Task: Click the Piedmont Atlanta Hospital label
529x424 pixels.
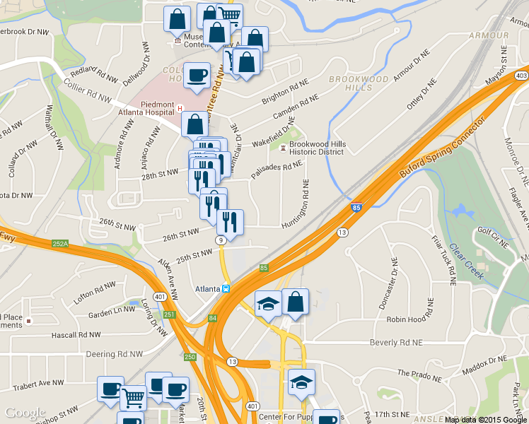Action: (x=146, y=108)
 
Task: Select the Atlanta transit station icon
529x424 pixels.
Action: (x=226, y=288)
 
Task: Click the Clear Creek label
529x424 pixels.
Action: (x=467, y=261)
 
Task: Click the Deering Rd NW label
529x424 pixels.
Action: (x=113, y=353)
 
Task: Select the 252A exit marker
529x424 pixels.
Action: (x=60, y=244)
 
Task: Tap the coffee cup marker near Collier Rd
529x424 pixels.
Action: (x=197, y=75)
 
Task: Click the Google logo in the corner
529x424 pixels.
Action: (x=25, y=413)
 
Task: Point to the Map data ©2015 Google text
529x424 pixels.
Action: (x=485, y=420)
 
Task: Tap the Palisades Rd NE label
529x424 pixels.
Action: (x=278, y=169)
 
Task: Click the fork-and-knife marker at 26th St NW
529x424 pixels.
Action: (x=230, y=222)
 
